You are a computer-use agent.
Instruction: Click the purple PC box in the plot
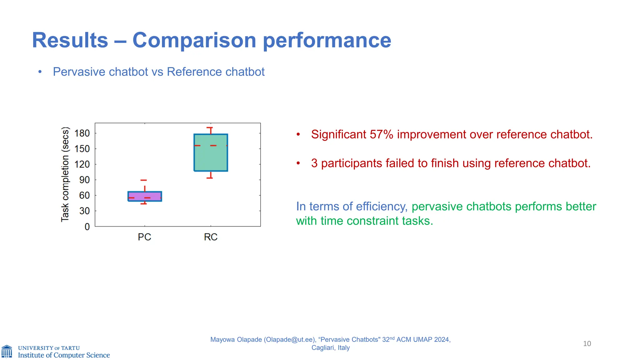pyautogui.click(x=145, y=196)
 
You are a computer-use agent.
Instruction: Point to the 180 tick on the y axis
pyautogui.click(x=82, y=133)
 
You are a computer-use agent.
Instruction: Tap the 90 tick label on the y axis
pyautogui.click(x=84, y=180)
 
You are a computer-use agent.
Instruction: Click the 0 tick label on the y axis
pyautogui.click(x=87, y=227)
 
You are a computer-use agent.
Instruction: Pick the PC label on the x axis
pyautogui.click(x=144, y=237)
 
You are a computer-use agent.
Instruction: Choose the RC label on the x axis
pyautogui.click(x=211, y=237)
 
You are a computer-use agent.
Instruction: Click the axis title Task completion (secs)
pyautogui.click(x=65, y=174)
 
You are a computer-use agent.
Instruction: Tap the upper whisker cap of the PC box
pyautogui.click(x=143, y=180)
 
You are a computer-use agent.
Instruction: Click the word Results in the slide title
pyautogui.click(x=70, y=40)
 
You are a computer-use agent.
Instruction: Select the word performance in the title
pyautogui.click(x=327, y=40)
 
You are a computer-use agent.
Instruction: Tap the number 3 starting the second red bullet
pyautogui.click(x=314, y=163)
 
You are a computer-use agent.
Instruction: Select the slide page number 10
pyautogui.click(x=587, y=344)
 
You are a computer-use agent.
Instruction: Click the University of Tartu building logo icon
pyautogui.click(x=7, y=352)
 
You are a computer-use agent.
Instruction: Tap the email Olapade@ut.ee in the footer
pyautogui.click(x=289, y=340)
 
